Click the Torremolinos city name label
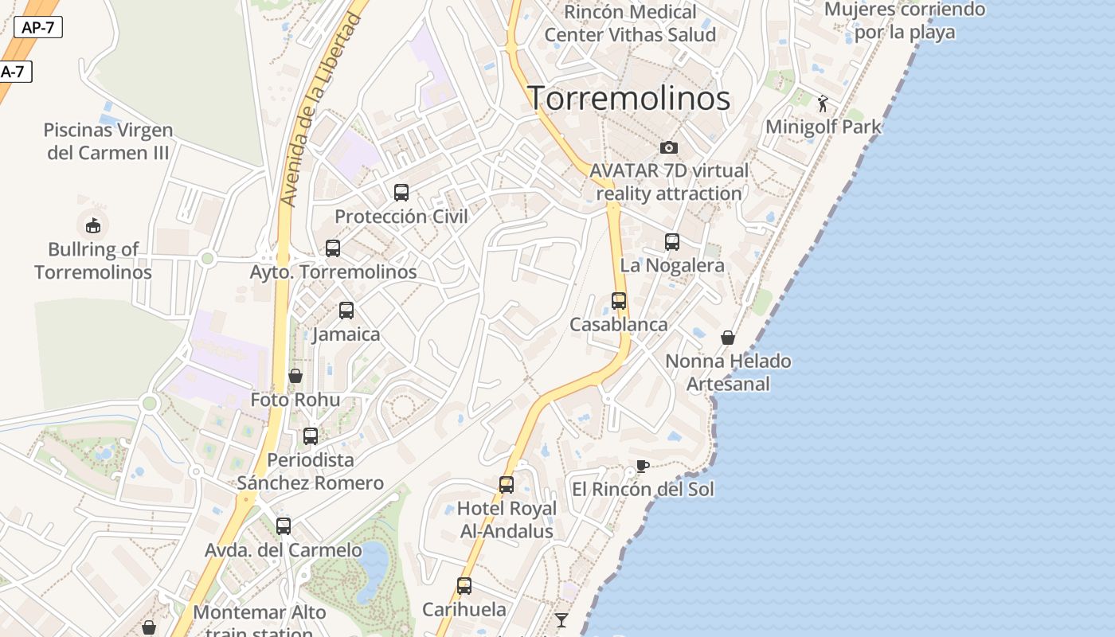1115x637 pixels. pos(629,99)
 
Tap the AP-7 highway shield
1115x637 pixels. pos(37,27)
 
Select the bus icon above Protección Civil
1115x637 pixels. pos(401,192)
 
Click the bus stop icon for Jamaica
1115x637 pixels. pos(346,311)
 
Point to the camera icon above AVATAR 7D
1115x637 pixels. pos(669,147)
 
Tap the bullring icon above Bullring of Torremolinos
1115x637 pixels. pos(93,225)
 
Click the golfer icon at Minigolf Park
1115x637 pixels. pos(824,103)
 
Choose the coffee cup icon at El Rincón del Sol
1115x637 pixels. pos(643,466)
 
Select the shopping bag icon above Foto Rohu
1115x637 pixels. pos(295,376)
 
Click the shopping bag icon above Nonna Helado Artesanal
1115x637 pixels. pos(728,338)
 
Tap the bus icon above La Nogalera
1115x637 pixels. pos(672,242)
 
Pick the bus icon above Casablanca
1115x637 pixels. pos(619,301)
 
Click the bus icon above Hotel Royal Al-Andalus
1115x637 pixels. pos(507,485)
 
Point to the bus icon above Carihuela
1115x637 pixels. pos(464,586)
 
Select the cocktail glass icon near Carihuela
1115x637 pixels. pos(561,619)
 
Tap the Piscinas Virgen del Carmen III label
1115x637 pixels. pos(108,141)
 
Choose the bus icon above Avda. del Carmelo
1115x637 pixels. pos(284,526)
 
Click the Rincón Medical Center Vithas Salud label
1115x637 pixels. pos(630,23)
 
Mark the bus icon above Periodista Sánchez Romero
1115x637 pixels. pos(311,436)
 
